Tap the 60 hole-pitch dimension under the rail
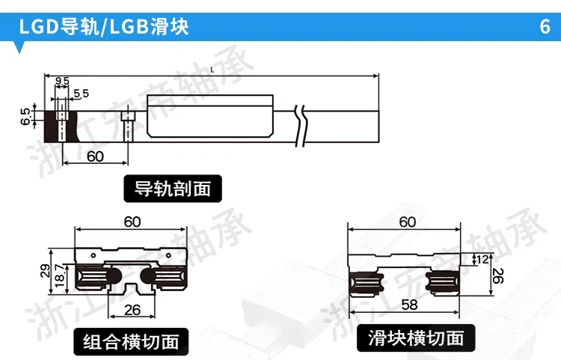click(x=96, y=156)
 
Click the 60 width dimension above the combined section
click(x=132, y=222)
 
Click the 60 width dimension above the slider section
click(x=407, y=222)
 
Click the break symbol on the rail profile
click(x=301, y=124)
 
